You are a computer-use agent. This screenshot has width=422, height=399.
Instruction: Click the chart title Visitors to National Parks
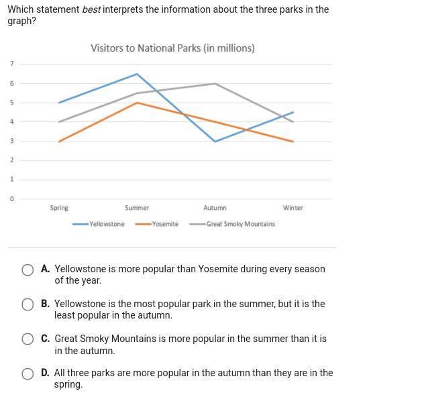tap(172, 48)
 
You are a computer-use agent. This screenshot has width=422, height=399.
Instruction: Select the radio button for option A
tap(28, 270)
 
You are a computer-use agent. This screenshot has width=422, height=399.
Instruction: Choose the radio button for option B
tap(28, 304)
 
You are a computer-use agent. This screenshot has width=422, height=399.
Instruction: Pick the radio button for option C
tap(28, 339)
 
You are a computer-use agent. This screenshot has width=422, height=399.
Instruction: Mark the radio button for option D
tap(28, 374)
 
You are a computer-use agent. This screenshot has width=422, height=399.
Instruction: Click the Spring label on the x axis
tap(59, 208)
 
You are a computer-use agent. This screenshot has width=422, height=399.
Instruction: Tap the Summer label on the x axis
tap(137, 208)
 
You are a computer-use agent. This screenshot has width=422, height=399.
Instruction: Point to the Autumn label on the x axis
tap(215, 208)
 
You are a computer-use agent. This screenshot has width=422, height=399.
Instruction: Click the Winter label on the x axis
tap(293, 208)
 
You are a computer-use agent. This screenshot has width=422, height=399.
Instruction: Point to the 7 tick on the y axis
tap(11, 64)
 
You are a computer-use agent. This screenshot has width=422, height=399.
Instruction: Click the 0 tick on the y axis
tap(11, 199)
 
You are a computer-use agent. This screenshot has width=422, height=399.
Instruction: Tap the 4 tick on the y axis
tap(11, 122)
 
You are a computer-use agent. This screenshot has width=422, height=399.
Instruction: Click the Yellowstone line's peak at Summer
tap(137, 74)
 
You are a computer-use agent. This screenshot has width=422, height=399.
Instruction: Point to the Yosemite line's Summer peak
tap(137, 103)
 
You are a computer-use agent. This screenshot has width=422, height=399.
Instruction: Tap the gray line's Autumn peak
tap(215, 83)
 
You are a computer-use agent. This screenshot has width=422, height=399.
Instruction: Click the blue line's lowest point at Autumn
tap(215, 141)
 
